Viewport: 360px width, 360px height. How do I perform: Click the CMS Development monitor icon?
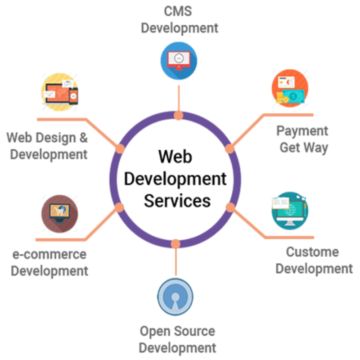[179, 61]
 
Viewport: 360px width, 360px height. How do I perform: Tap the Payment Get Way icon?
[290, 88]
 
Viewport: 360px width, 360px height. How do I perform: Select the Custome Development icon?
[290, 211]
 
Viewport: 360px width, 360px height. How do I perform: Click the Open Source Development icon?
[175, 297]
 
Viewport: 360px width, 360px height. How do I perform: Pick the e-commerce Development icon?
[60, 214]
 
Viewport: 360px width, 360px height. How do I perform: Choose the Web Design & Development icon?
[60, 92]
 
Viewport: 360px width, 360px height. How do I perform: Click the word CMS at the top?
[178, 11]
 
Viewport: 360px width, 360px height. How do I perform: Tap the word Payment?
[302, 131]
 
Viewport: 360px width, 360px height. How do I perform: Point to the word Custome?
[312, 252]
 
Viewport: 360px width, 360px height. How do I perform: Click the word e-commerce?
[49, 254]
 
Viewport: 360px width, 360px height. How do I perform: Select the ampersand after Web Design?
[84, 138]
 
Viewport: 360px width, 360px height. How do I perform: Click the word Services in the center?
[177, 201]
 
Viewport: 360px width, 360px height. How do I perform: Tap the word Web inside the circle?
[175, 157]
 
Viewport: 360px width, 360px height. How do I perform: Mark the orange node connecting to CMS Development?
[179, 115]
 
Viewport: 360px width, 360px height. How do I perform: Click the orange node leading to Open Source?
[175, 244]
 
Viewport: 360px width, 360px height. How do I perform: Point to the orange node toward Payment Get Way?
[229, 149]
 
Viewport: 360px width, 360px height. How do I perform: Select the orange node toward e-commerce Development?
[119, 207]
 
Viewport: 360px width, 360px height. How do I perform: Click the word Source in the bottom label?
[194, 331]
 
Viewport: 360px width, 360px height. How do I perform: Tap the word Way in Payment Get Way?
[316, 148]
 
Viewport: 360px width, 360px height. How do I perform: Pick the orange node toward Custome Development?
[230, 207]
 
